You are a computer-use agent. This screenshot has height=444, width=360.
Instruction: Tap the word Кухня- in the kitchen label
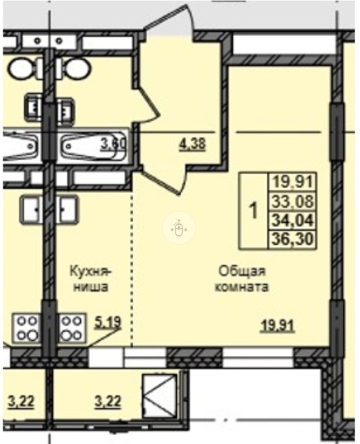point(91,270)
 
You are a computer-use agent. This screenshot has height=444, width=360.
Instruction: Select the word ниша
point(91,286)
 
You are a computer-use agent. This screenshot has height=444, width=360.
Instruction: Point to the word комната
point(241,286)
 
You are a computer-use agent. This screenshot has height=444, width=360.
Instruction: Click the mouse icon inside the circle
point(178,228)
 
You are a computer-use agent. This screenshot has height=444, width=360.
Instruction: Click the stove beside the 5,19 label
point(74,328)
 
